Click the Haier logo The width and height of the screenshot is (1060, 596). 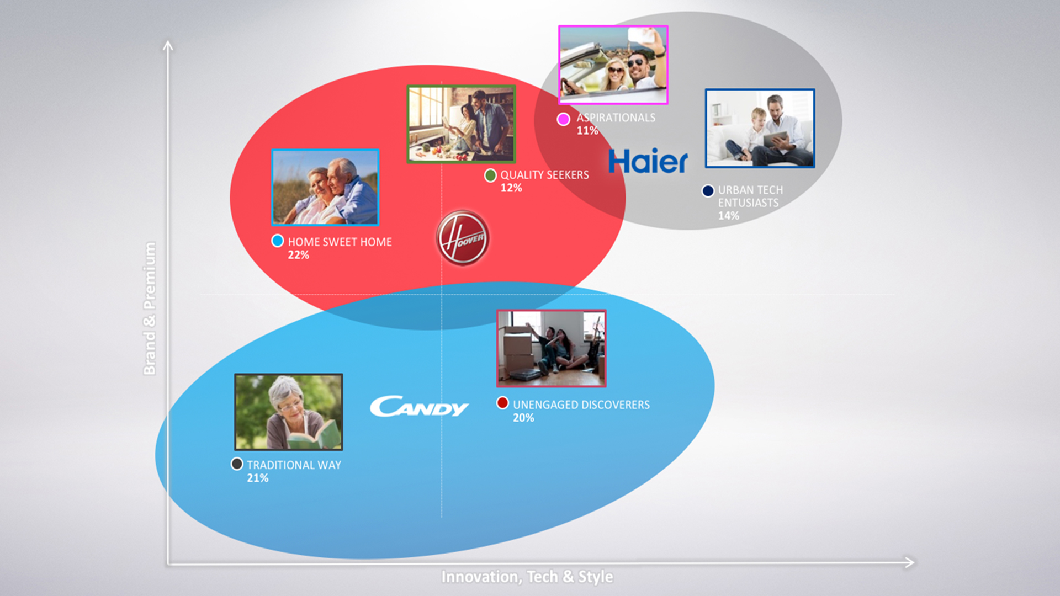[x=648, y=161]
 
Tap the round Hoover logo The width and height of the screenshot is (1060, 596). [x=463, y=238]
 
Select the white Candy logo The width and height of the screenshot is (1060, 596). [x=419, y=406]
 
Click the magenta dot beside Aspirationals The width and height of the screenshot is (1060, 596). [x=563, y=119]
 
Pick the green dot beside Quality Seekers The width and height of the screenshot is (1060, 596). [x=490, y=175]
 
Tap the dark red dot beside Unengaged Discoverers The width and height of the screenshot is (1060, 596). [x=502, y=403]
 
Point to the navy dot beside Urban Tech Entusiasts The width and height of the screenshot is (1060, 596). [x=708, y=191]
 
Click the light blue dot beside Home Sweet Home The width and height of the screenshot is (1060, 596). [x=278, y=241]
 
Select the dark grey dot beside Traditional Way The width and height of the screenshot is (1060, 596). [x=237, y=464]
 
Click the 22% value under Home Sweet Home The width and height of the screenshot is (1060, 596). [x=298, y=255]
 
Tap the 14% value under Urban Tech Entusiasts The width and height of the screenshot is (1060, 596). [x=728, y=216]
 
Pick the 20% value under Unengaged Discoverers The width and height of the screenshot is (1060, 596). [x=523, y=418]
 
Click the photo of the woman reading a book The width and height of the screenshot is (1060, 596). [x=289, y=412]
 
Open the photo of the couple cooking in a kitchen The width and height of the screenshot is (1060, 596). [x=461, y=124]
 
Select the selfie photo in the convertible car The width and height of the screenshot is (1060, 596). [x=613, y=65]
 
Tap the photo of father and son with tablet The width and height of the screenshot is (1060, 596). [x=760, y=128]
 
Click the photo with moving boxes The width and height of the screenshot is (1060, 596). [x=552, y=348]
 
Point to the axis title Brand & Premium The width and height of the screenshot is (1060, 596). [x=150, y=308]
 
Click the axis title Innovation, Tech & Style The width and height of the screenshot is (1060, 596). [x=527, y=577]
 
